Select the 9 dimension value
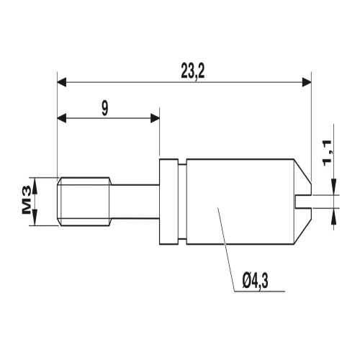104,108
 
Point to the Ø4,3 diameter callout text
255,281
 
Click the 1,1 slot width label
327,154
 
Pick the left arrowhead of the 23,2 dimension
62,82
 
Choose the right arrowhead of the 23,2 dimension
307,82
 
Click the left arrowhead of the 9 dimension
62,119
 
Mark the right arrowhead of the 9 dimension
155,119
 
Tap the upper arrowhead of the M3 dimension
35,186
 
